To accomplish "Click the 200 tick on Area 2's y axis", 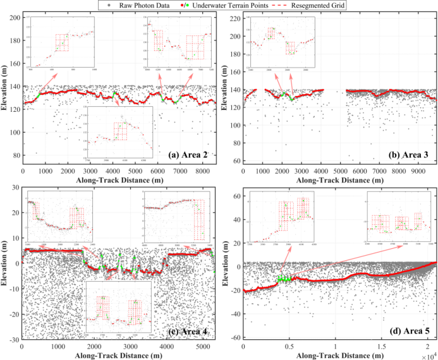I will click(14, 17).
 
